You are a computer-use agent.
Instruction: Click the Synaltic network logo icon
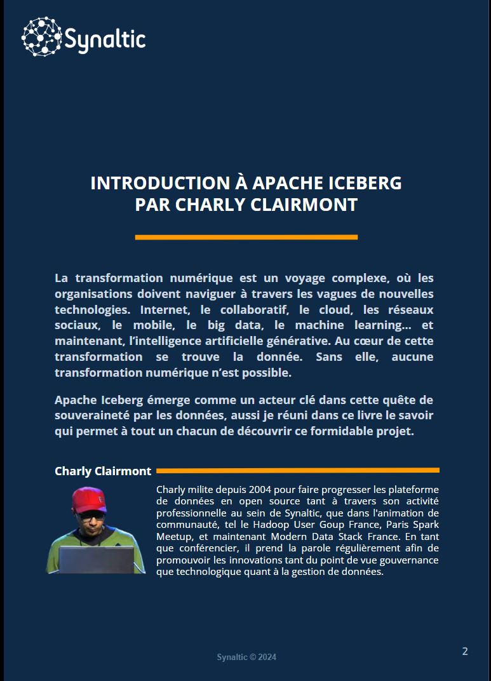42,37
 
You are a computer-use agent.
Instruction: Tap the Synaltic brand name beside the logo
105,40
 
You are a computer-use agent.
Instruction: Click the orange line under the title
246,237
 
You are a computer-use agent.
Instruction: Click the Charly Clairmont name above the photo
103,471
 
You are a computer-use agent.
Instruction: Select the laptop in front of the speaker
97,559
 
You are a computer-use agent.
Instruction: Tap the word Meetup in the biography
172,536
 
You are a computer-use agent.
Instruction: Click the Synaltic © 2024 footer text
246,657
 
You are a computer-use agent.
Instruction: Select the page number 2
465,651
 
